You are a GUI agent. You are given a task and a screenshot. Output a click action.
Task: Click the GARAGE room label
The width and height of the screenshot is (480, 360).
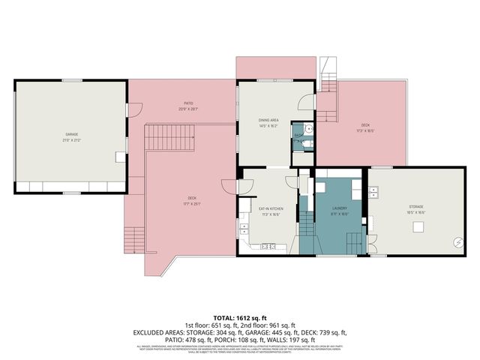[x=71, y=136]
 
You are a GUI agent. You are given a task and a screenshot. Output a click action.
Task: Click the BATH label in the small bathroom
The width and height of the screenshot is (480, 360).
[x=298, y=136]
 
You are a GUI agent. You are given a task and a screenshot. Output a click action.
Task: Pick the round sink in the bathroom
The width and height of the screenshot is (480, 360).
[x=307, y=128]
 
